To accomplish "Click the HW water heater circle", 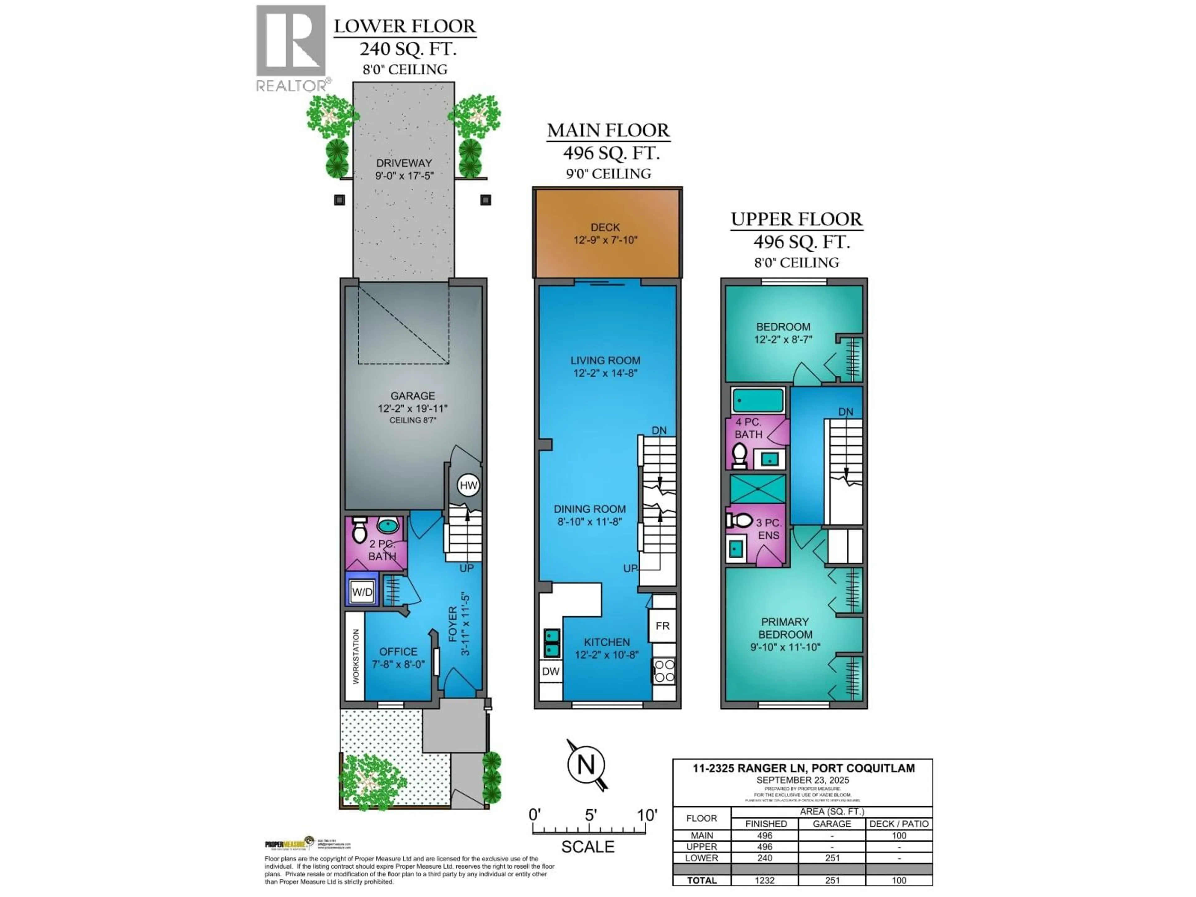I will pyautogui.click(x=468, y=485).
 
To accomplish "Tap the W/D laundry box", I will pyautogui.click(x=362, y=591).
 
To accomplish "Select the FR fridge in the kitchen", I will pyautogui.click(x=662, y=626).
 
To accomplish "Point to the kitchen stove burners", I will pyautogui.click(x=664, y=671).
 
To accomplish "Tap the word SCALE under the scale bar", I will pyautogui.click(x=588, y=847).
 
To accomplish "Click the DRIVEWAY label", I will pyautogui.click(x=404, y=163).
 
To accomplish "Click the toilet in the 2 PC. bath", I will pyautogui.click(x=359, y=531).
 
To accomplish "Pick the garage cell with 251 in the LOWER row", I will pyautogui.click(x=832, y=858).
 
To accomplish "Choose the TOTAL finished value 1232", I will pyautogui.click(x=765, y=880).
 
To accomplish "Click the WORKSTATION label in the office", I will pyautogui.click(x=356, y=656).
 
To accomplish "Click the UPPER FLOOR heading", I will pyautogui.click(x=796, y=220).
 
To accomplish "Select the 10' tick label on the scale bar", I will pyautogui.click(x=647, y=815).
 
